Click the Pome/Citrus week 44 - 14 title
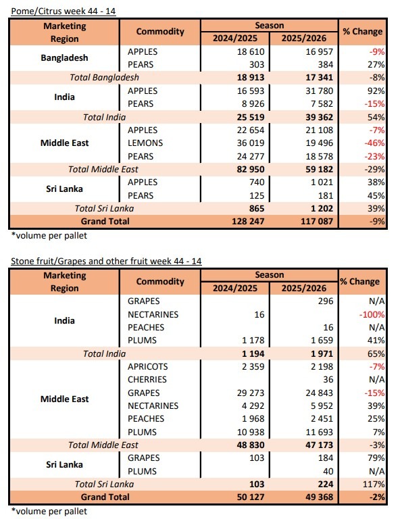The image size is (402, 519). pyautogui.click(x=64, y=11)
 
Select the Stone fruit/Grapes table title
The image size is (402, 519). pyautogui.click(x=106, y=261)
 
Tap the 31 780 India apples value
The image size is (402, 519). pyautogui.click(x=319, y=91)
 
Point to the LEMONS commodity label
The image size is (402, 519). pyautogui.click(x=145, y=143)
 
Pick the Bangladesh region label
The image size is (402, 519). pyautogui.click(x=64, y=58)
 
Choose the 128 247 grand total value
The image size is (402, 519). pyautogui.click(x=248, y=221)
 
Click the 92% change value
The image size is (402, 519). pyautogui.click(x=376, y=91)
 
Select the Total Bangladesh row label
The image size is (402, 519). pyautogui.click(x=104, y=78)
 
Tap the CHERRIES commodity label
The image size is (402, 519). pyautogui.click(x=147, y=379)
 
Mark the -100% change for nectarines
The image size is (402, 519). pyautogui.click(x=372, y=314)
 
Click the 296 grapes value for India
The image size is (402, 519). pyautogui.click(x=326, y=301)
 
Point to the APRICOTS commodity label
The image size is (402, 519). pyautogui.click(x=147, y=366)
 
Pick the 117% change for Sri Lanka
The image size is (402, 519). pyautogui.click(x=374, y=484)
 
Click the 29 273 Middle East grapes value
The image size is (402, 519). pyautogui.click(x=251, y=393)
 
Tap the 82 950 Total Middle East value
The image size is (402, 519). pyautogui.click(x=251, y=169)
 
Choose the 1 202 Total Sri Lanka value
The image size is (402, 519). pyautogui.click(x=322, y=208)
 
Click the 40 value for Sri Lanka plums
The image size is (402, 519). pyautogui.click(x=328, y=471)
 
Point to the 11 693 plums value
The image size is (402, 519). pyautogui.click(x=319, y=432)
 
